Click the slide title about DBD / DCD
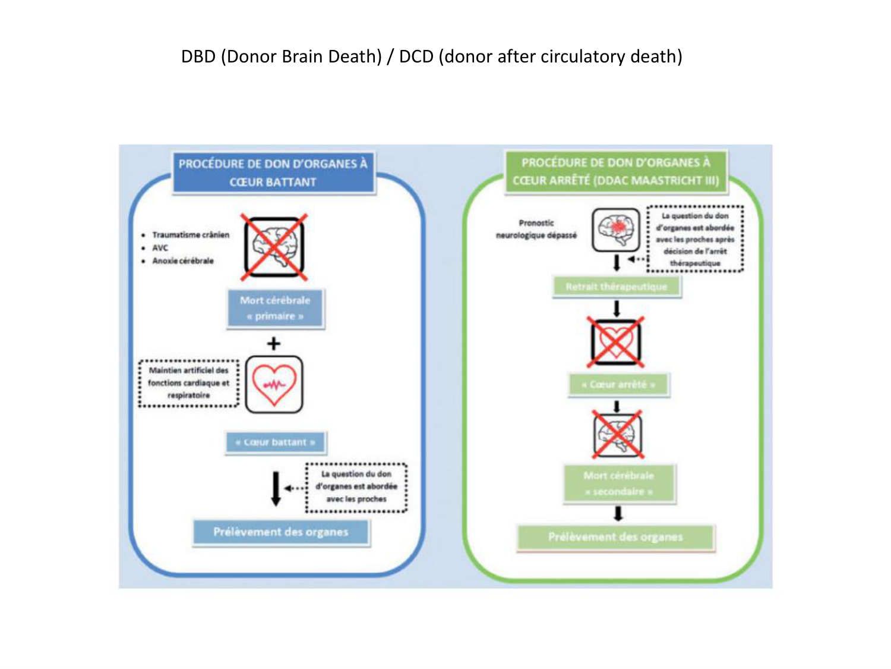432,56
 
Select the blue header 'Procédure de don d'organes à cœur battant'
273,172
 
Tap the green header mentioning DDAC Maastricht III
616,171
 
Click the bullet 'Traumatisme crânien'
190,235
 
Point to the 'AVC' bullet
160,248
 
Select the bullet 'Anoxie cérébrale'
182,261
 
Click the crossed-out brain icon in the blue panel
274,247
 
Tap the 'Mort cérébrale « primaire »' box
275,308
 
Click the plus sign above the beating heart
273,344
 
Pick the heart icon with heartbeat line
274,384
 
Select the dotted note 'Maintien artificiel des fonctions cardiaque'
188,383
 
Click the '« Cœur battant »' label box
275,442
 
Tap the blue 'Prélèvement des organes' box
281,532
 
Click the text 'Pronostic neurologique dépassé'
536,229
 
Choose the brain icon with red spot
616,230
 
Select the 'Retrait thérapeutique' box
616,287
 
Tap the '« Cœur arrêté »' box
618,385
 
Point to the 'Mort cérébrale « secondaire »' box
618,483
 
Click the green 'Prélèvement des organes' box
615,538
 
